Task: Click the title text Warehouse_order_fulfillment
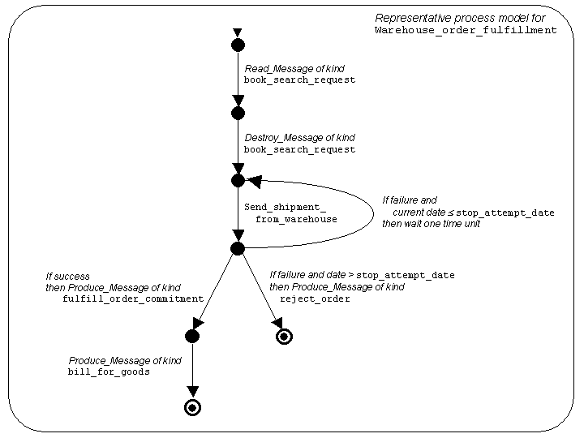point(466,30)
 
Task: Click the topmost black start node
point(238,45)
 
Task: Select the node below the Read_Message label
point(238,113)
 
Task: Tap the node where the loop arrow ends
point(238,180)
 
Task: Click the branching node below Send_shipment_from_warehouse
point(238,248)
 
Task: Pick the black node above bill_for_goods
point(192,336)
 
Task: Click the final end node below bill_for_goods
point(192,408)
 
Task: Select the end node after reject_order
point(284,337)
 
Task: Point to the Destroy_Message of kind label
point(299,138)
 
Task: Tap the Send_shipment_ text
point(285,207)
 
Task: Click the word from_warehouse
point(296,219)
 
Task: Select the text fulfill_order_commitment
point(132,298)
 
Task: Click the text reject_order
point(315,298)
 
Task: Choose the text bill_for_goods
point(109,371)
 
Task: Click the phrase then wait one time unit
point(431,224)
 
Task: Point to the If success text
point(67,276)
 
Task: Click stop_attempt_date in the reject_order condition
point(406,275)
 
